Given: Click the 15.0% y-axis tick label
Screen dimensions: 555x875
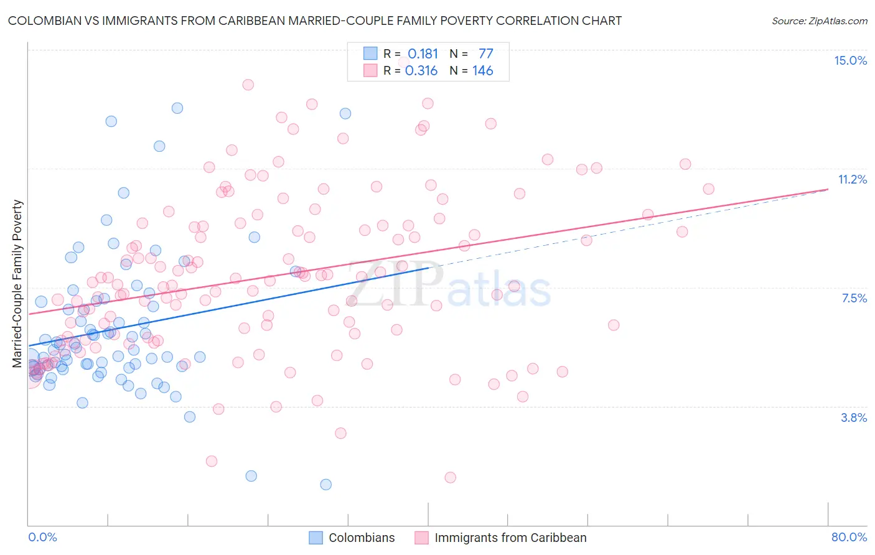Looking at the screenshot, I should (x=850, y=60).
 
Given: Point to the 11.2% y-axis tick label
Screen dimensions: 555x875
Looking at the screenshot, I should (x=852, y=179).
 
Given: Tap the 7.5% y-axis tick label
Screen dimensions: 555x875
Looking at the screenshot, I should (x=854, y=298).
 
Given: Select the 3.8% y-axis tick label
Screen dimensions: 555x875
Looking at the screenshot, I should (x=854, y=417).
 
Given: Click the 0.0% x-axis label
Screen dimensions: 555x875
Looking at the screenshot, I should (x=42, y=537).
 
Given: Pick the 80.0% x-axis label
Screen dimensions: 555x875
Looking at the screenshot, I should (x=849, y=537).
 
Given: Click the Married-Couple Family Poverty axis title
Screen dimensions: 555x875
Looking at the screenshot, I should (x=17, y=284).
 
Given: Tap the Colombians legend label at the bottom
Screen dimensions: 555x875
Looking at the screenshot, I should (x=362, y=538).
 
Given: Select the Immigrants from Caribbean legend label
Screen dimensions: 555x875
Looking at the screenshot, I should (x=510, y=538).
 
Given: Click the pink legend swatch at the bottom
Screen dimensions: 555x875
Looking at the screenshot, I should (x=422, y=538).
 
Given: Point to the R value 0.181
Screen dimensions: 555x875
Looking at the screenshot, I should (x=423, y=54).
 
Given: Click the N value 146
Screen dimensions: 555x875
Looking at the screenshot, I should (x=482, y=71).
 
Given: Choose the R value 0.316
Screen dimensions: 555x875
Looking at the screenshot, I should (x=421, y=71).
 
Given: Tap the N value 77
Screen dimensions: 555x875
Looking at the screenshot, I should (x=485, y=54).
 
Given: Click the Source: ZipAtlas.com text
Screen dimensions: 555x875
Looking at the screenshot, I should (x=819, y=21).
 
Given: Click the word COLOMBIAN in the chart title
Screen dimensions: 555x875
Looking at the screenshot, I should (x=44, y=21).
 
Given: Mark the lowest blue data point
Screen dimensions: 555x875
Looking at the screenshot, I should (x=325, y=484).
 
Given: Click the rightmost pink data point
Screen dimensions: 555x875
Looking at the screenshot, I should (x=708, y=189).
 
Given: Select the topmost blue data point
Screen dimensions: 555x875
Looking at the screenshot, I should (x=177, y=108).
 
